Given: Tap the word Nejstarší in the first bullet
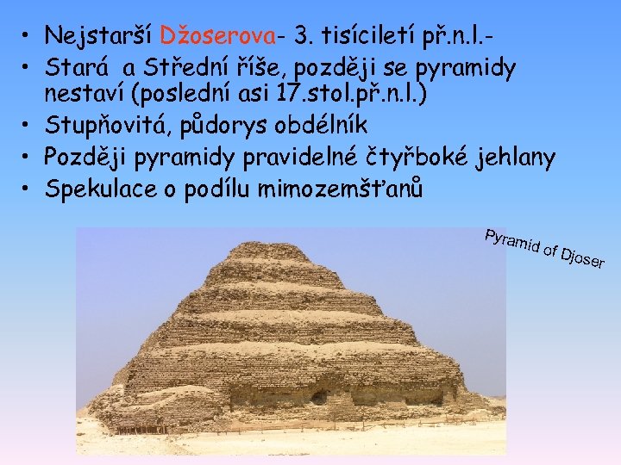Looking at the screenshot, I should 99,36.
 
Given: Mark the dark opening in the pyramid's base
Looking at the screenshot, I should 319,398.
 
